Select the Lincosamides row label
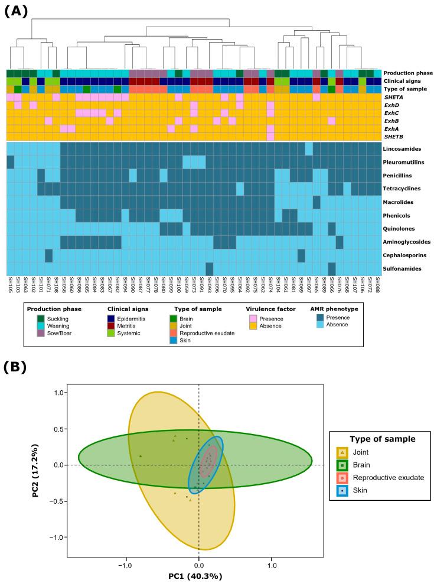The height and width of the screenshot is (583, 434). (x=404, y=148)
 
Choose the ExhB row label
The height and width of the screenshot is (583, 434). (x=393, y=121)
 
